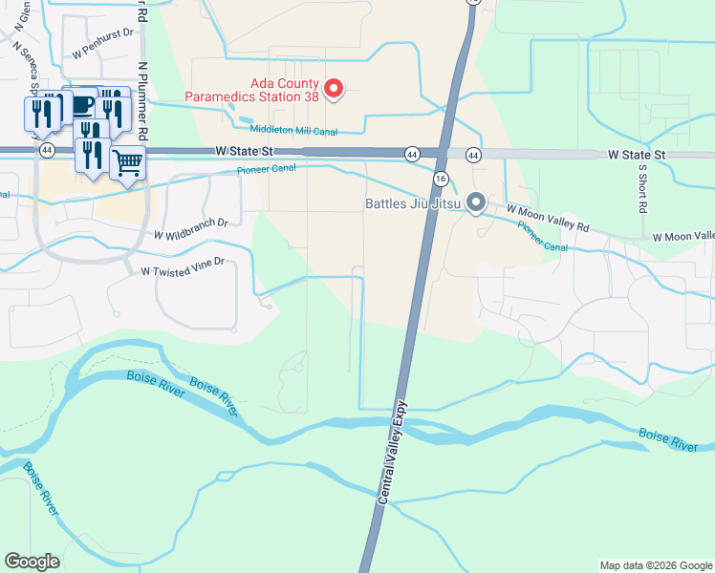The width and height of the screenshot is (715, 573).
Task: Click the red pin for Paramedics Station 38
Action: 334,89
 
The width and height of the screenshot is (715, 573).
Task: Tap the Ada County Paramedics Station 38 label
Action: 249,89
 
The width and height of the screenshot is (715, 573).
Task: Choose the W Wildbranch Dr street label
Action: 190,228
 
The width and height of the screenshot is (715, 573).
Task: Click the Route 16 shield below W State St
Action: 441,179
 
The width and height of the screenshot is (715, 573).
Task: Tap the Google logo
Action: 32,562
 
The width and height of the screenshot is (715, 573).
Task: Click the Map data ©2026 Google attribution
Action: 656,565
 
